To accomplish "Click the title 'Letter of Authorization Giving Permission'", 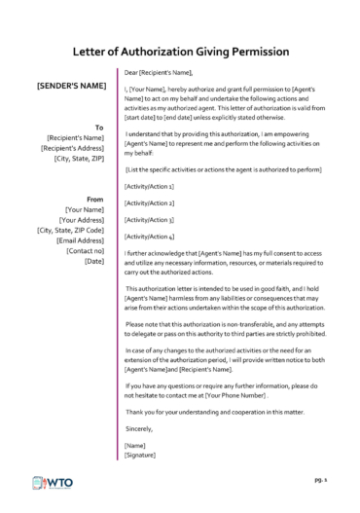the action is (x=180, y=52).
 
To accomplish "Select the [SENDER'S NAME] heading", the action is (x=71, y=86).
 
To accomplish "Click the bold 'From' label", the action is (x=95, y=199).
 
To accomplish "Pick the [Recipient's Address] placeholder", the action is (x=73, y=148).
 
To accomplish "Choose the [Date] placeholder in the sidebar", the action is (x=95, y=262).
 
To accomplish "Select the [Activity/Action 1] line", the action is (x=150, y=186).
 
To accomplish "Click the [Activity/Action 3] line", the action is (x=150, y=219).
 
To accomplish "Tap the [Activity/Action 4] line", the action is (x=150, y=236).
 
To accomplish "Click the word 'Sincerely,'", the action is (x=140, y=427).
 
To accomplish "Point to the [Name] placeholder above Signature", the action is (x=135, y=444).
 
